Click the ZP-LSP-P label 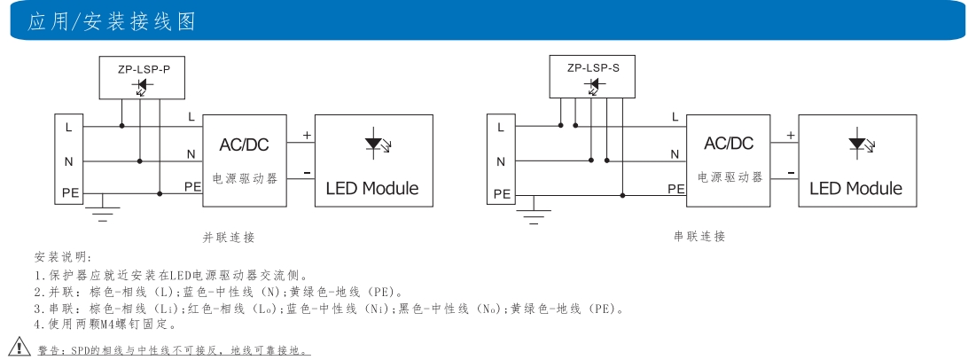click(140, 68)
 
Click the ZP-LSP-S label click(593, 67)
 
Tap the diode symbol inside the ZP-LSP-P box click(140, 86)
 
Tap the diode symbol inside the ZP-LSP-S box click(593, 85)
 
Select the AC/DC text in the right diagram click(730, 144)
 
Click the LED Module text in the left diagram click(371, 188)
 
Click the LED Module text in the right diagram click(855, 188)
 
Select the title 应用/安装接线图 click(113, 20)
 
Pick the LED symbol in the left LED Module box click(375, 144)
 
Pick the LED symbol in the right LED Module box click(857, 144)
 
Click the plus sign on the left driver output click(308, 136)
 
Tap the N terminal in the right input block click(500, 161)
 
